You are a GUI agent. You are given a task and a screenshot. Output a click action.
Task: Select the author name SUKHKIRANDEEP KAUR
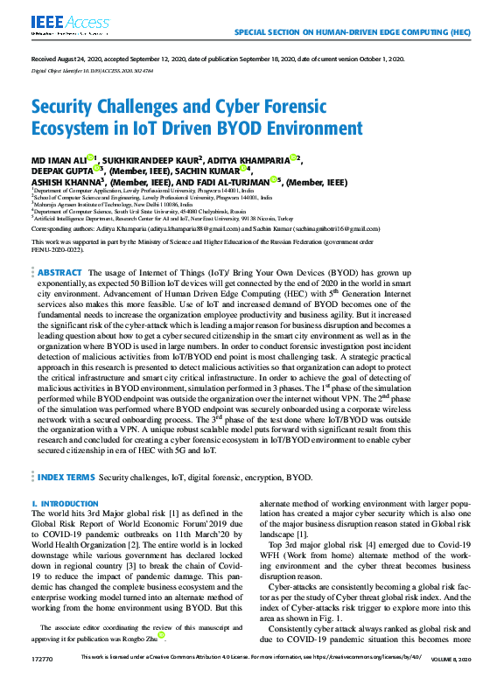[150, 159]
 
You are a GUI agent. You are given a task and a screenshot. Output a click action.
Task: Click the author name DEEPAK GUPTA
[59, 171]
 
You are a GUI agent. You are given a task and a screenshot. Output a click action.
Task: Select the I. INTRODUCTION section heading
[65, 505]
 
